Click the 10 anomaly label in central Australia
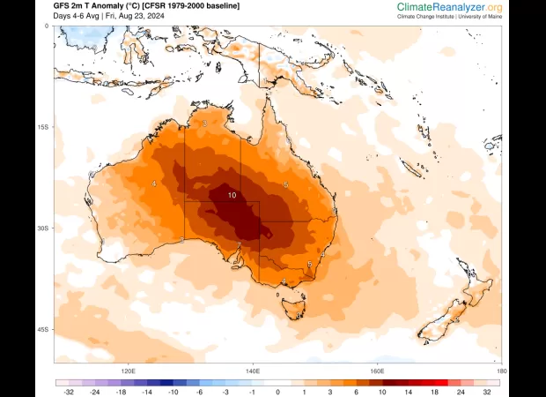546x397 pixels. [232, 196]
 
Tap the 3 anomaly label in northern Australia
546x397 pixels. [205, 124]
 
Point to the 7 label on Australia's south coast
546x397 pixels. [240, 245]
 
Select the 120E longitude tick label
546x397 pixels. [128, 371]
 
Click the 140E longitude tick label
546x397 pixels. [253, 371]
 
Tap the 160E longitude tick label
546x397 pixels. [378, 371]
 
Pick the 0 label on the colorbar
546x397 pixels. [277, 392]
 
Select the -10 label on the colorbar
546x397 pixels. [174, 392]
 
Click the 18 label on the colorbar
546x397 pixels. [432, 392]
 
